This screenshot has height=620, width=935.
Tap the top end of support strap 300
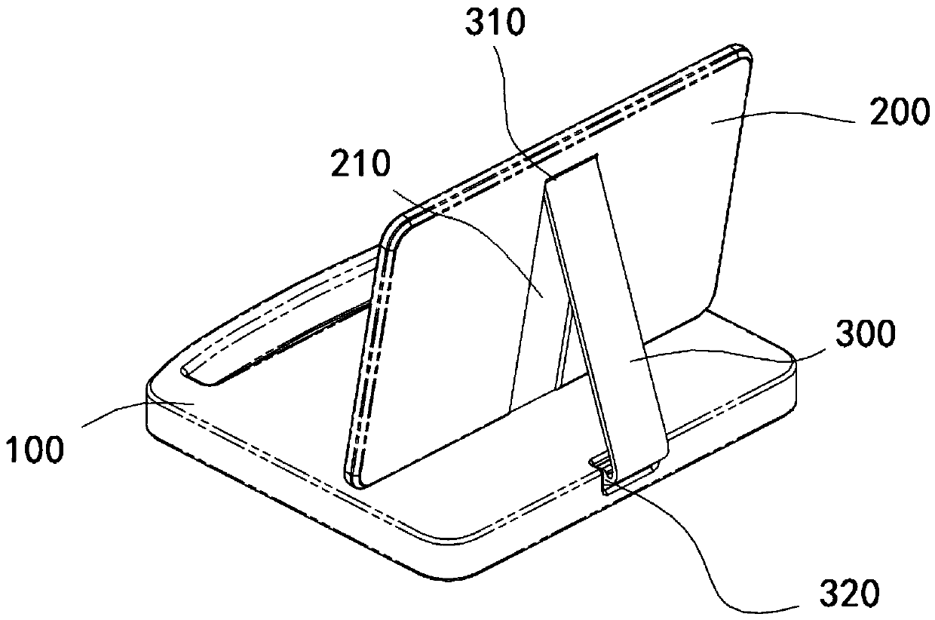[x=573, y=167]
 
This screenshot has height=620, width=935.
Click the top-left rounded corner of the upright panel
[x=400, y=223]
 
